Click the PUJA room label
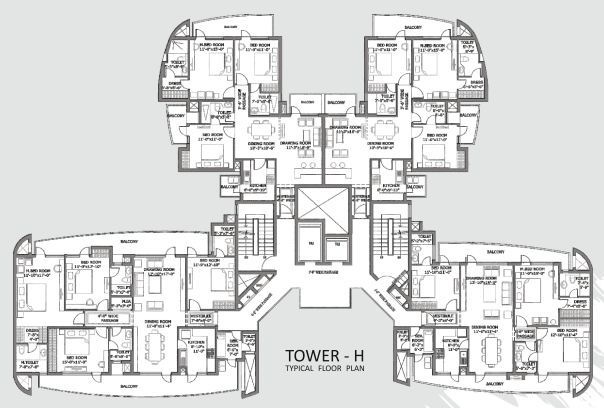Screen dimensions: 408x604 click(x=127, y=301)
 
